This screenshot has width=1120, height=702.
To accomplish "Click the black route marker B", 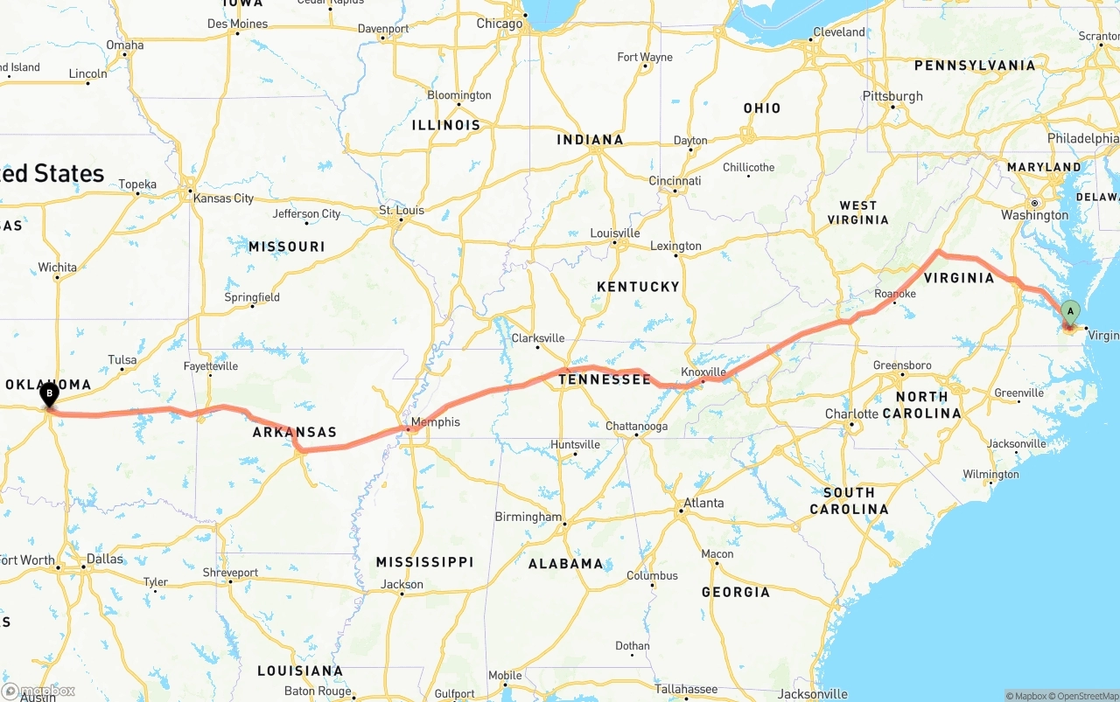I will pos(50,394).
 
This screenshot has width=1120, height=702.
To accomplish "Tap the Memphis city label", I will pos(435,422).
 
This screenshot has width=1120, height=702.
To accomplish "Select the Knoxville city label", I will pos(703,372).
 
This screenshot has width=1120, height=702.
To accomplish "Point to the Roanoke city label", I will pos(894,295).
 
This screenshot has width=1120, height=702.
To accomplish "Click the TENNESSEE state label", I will pos(605,379).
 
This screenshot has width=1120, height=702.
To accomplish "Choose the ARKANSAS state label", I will pos(295,433).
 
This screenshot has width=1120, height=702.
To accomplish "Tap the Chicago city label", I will pos(500,24).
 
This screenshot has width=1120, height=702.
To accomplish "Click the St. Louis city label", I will pos(401,211).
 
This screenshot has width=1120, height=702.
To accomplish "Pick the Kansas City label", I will pos(223,198).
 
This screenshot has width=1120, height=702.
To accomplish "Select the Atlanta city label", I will pos(703,503).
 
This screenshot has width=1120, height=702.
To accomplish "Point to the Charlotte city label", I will pos(851,414).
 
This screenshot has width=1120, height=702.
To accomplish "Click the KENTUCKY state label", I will pos(638,287).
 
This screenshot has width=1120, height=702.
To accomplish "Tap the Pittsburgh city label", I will pos(892,96).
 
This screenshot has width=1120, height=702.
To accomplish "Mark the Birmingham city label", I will pos(528,517).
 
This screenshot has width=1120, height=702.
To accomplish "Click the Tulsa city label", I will pos(122,360).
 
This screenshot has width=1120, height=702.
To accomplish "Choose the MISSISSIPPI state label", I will pos(424,562).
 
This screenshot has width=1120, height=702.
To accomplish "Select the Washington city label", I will pos(1034,215).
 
